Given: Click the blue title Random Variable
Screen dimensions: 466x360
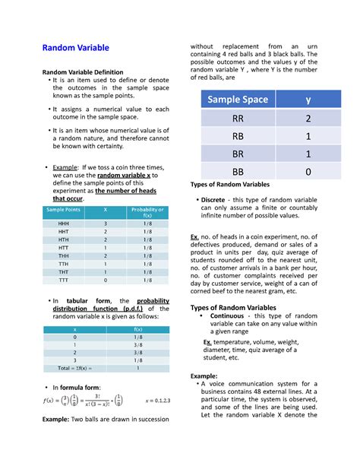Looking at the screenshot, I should (76, 48).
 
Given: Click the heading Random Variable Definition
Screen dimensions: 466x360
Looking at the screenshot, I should (87, 72).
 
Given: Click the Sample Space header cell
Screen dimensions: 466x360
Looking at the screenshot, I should (238, 100).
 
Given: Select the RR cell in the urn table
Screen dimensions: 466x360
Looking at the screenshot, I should (238, 119).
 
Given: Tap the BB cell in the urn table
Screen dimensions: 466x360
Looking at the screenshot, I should (238, 172).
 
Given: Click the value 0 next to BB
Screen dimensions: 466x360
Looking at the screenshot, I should (308, 172).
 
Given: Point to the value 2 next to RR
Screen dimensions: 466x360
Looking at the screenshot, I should (308, 119).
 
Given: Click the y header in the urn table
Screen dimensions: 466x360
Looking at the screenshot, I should (308, 100).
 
